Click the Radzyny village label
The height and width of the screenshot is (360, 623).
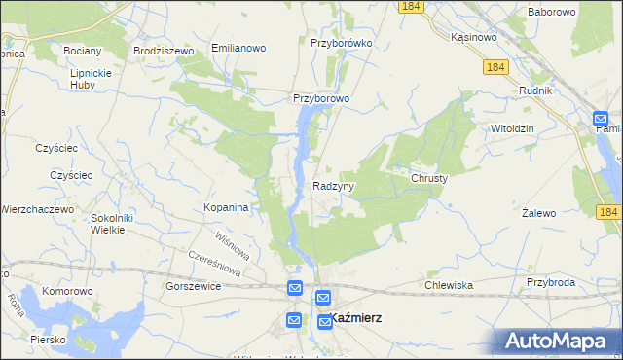tap(334, 185)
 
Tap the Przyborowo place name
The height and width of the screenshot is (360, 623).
tap(321, 98)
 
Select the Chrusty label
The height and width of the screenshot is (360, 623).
tap(428, 179)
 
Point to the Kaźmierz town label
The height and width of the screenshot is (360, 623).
tap(355, 318)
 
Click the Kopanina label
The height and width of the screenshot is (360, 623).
tap(227, 207)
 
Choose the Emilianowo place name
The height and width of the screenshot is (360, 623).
tap(238, 47)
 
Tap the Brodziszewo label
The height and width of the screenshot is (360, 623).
tap(165, 49)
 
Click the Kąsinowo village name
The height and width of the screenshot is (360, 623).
tap(475, 37)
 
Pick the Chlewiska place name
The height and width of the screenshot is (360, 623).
tap(449, 285)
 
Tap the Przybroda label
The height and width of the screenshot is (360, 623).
tap(547, 282)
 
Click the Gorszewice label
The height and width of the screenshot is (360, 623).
tap(193, 287)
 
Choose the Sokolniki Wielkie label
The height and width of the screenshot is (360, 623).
tap(111, 224)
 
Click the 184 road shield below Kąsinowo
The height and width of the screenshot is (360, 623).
tap(495, 66)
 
